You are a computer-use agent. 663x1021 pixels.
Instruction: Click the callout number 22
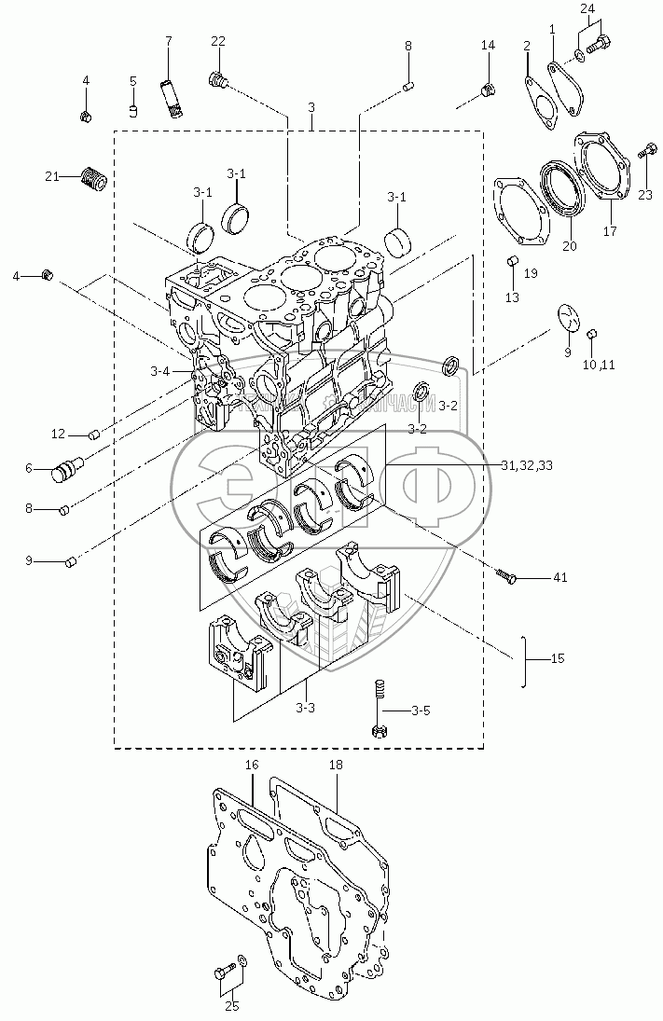[x=217, y=40]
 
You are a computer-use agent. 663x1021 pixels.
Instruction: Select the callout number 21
[x=52, y=174]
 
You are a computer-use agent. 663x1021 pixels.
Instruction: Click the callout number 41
[x=560, y=578]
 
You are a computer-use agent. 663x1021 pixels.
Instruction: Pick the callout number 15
[x=558, y=659]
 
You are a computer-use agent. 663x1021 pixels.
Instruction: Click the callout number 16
[x=252, y=765]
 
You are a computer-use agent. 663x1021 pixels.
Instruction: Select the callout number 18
[x=336, y=765]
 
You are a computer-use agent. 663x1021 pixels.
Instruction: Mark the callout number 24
[x=587, y=8]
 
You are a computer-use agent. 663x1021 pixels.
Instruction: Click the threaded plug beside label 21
[x=91, y=176]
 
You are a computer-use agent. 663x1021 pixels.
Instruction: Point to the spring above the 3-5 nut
[x=380, y=693]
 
